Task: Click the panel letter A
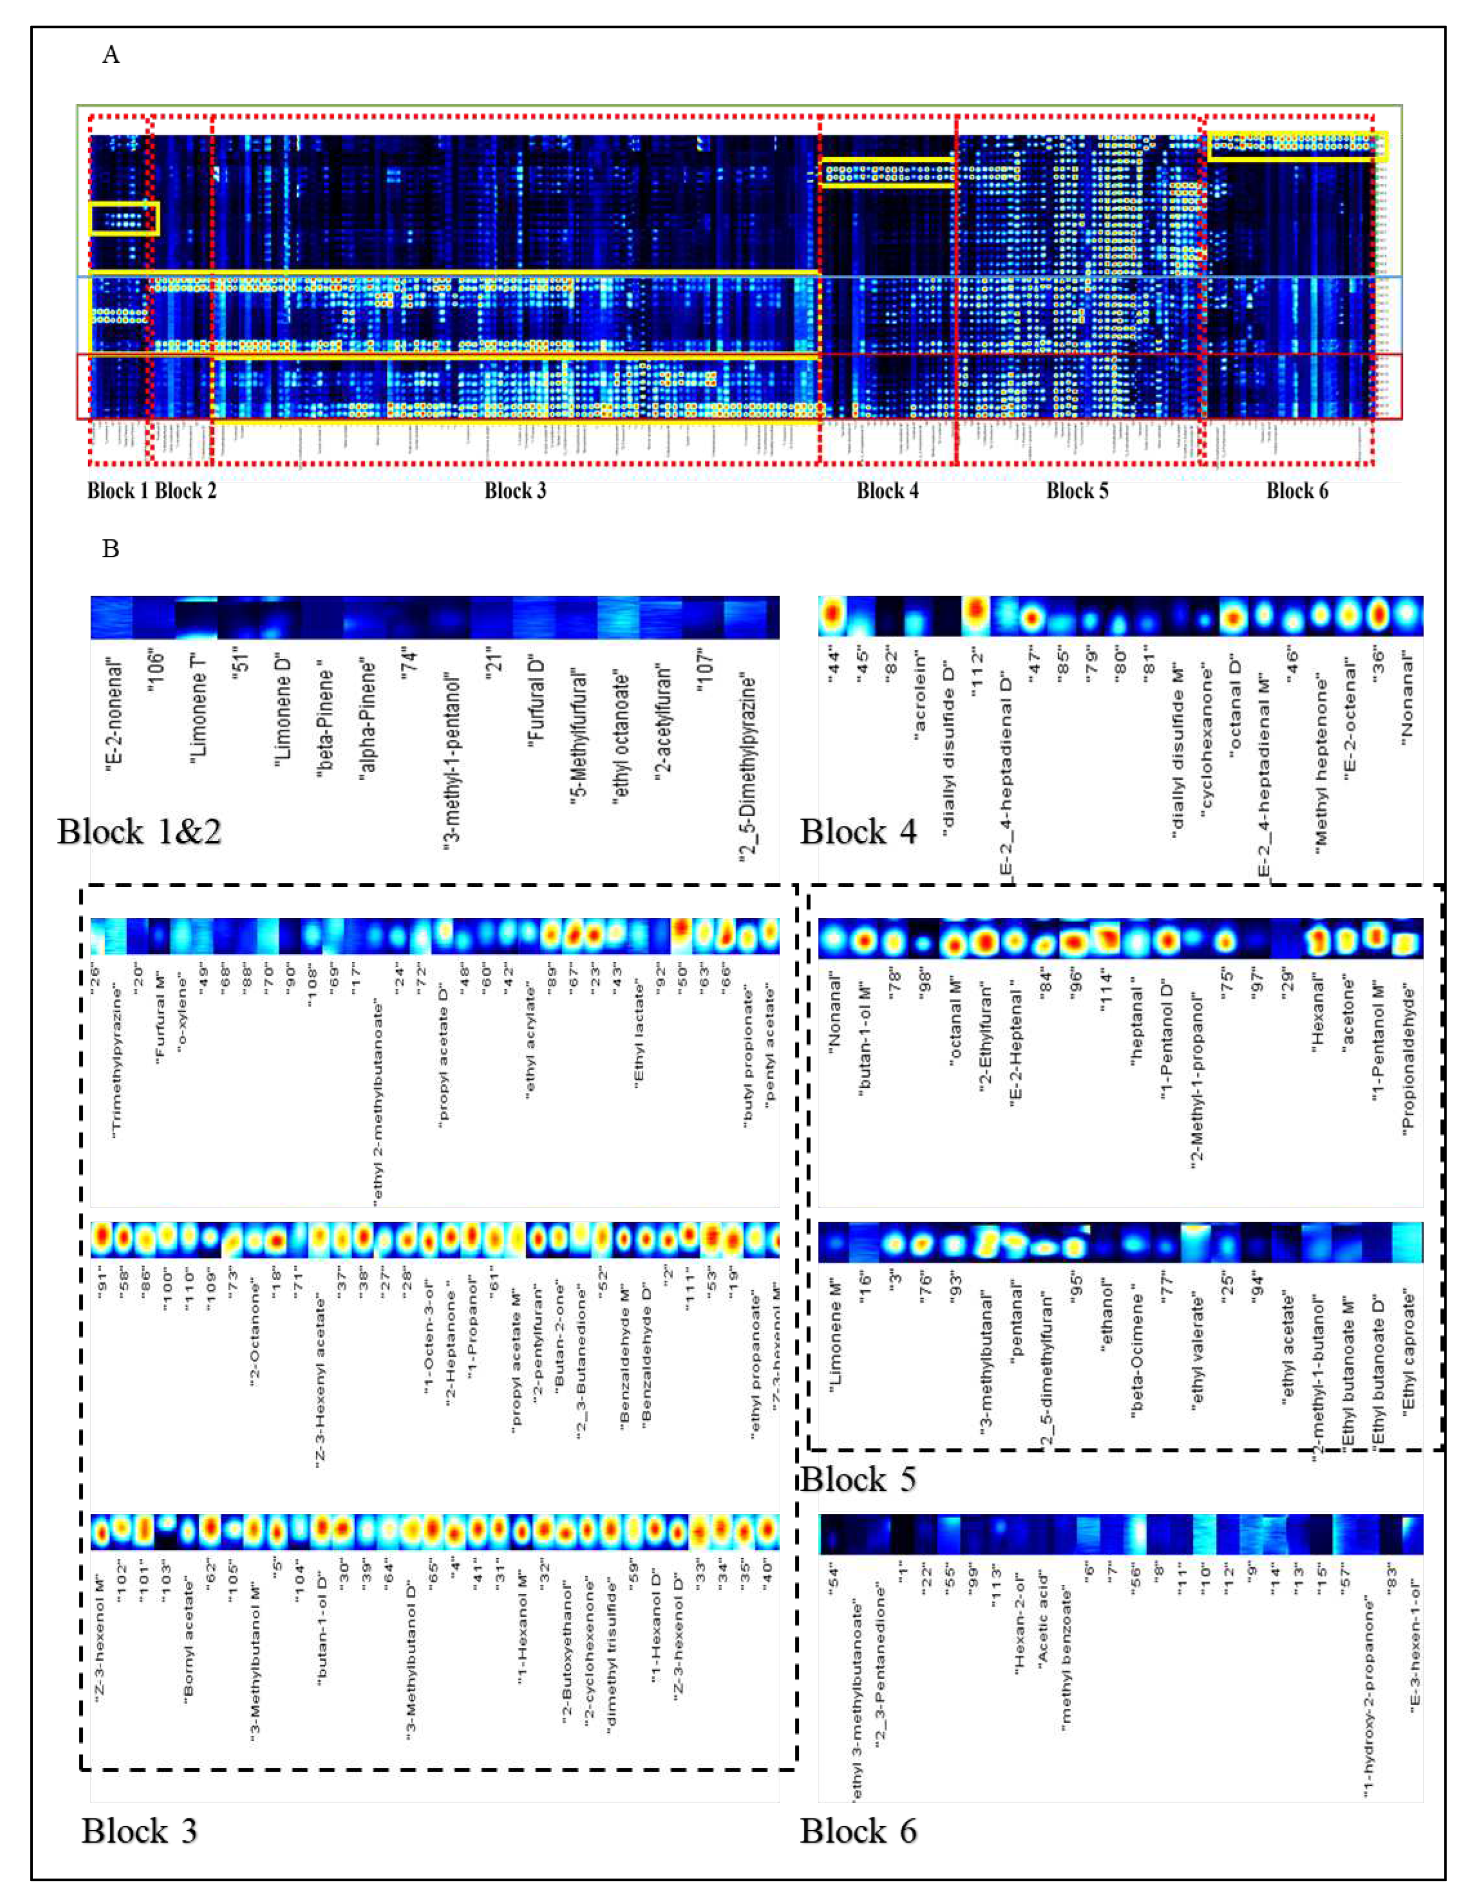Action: [110, 56]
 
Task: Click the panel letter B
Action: [110, 549]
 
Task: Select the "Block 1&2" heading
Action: [139, 831]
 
